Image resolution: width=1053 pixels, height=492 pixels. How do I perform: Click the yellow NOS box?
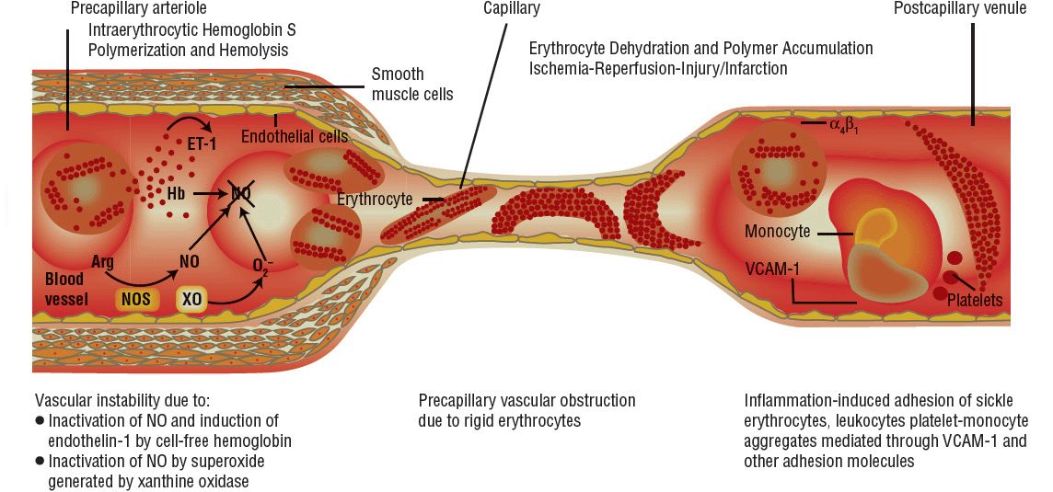coord(133,299)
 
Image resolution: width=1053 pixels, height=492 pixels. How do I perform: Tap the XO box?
coord(191,299)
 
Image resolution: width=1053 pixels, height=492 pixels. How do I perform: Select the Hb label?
coord(177,194)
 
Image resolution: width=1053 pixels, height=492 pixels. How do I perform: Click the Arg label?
coord(102,262)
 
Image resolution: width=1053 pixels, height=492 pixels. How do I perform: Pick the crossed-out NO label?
coord(241,193)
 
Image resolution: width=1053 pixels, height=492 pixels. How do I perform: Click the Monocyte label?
coord(777,232)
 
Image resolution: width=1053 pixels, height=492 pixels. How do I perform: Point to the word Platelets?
coord(974,301)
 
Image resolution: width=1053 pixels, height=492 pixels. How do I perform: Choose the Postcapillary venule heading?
coord(959,9)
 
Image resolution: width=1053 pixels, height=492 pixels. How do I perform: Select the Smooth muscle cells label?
coord(411,84)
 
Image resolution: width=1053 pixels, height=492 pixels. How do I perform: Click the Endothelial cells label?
coord(294,137)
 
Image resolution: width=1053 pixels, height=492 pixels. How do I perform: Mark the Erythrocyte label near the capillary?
coord(374,199)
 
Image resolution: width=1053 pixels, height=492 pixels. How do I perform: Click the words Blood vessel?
coord(65,289)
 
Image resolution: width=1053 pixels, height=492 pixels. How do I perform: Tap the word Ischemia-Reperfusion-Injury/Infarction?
coord(659,69)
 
